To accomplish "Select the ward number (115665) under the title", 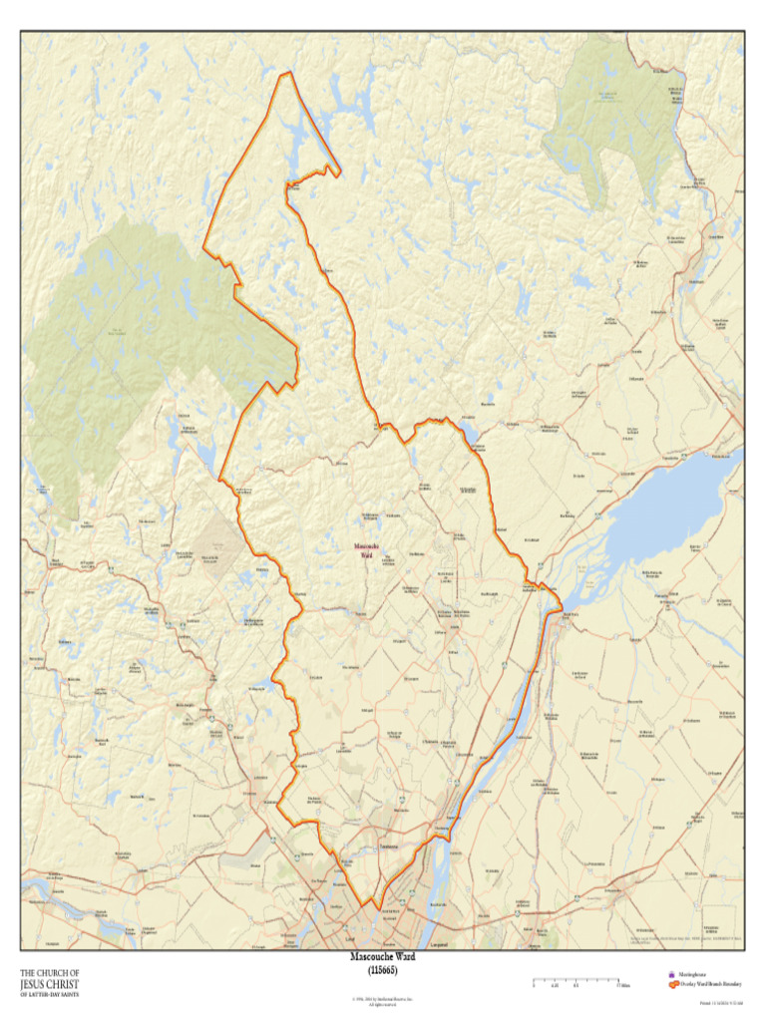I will [382, 969].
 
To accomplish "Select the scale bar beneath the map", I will [575, 981].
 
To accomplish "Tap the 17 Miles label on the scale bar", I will [622, 987].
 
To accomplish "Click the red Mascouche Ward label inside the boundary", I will [366, 550].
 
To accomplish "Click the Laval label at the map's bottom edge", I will [349, 940].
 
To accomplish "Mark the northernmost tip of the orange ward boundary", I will [288, 72].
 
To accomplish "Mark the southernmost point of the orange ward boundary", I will [376, 909].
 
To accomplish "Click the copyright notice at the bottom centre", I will [382, 1000].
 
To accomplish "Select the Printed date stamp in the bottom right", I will [717, 1002].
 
